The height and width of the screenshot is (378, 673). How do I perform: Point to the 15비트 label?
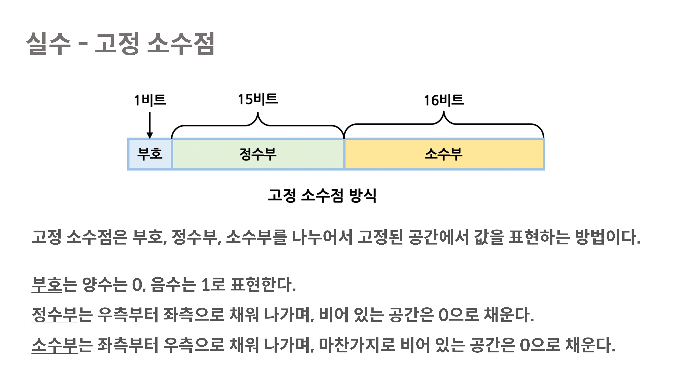pyautogui.click(x=258, y=99)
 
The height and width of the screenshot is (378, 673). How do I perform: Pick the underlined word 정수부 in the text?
pyautogui.click(x=55, y=315)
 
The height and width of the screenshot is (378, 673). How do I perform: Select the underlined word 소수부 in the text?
pyautogui.click(x=55, y=345)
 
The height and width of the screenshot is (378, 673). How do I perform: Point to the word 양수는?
pyautogui.click(x=104, y=284)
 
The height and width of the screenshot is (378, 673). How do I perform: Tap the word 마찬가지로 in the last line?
pyautogui.click(x=357, y=345)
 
